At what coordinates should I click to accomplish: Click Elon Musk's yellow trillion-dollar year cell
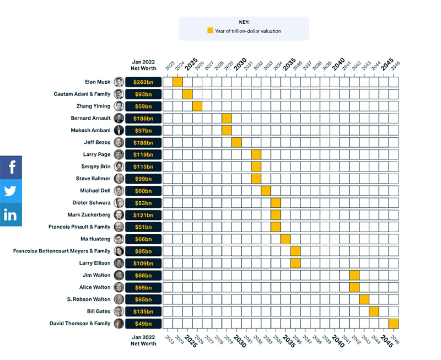178,82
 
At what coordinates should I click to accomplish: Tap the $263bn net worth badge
143,82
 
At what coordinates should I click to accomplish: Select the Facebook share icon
11,167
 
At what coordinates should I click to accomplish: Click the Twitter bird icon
11,191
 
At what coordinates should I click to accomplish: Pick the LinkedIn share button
11,214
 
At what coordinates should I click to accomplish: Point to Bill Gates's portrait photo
119,311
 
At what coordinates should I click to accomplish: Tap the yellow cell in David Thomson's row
394,324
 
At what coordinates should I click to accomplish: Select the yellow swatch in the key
209,31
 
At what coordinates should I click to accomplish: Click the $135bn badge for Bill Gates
143,311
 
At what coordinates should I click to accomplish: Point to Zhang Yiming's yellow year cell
197,106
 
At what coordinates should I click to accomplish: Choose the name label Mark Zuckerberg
89,215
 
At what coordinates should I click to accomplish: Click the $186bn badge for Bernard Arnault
143,119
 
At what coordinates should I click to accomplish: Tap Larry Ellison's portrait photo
119,263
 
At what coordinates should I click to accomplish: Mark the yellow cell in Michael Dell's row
266,191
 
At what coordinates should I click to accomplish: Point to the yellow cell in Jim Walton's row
354,275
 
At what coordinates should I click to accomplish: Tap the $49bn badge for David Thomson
143,324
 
